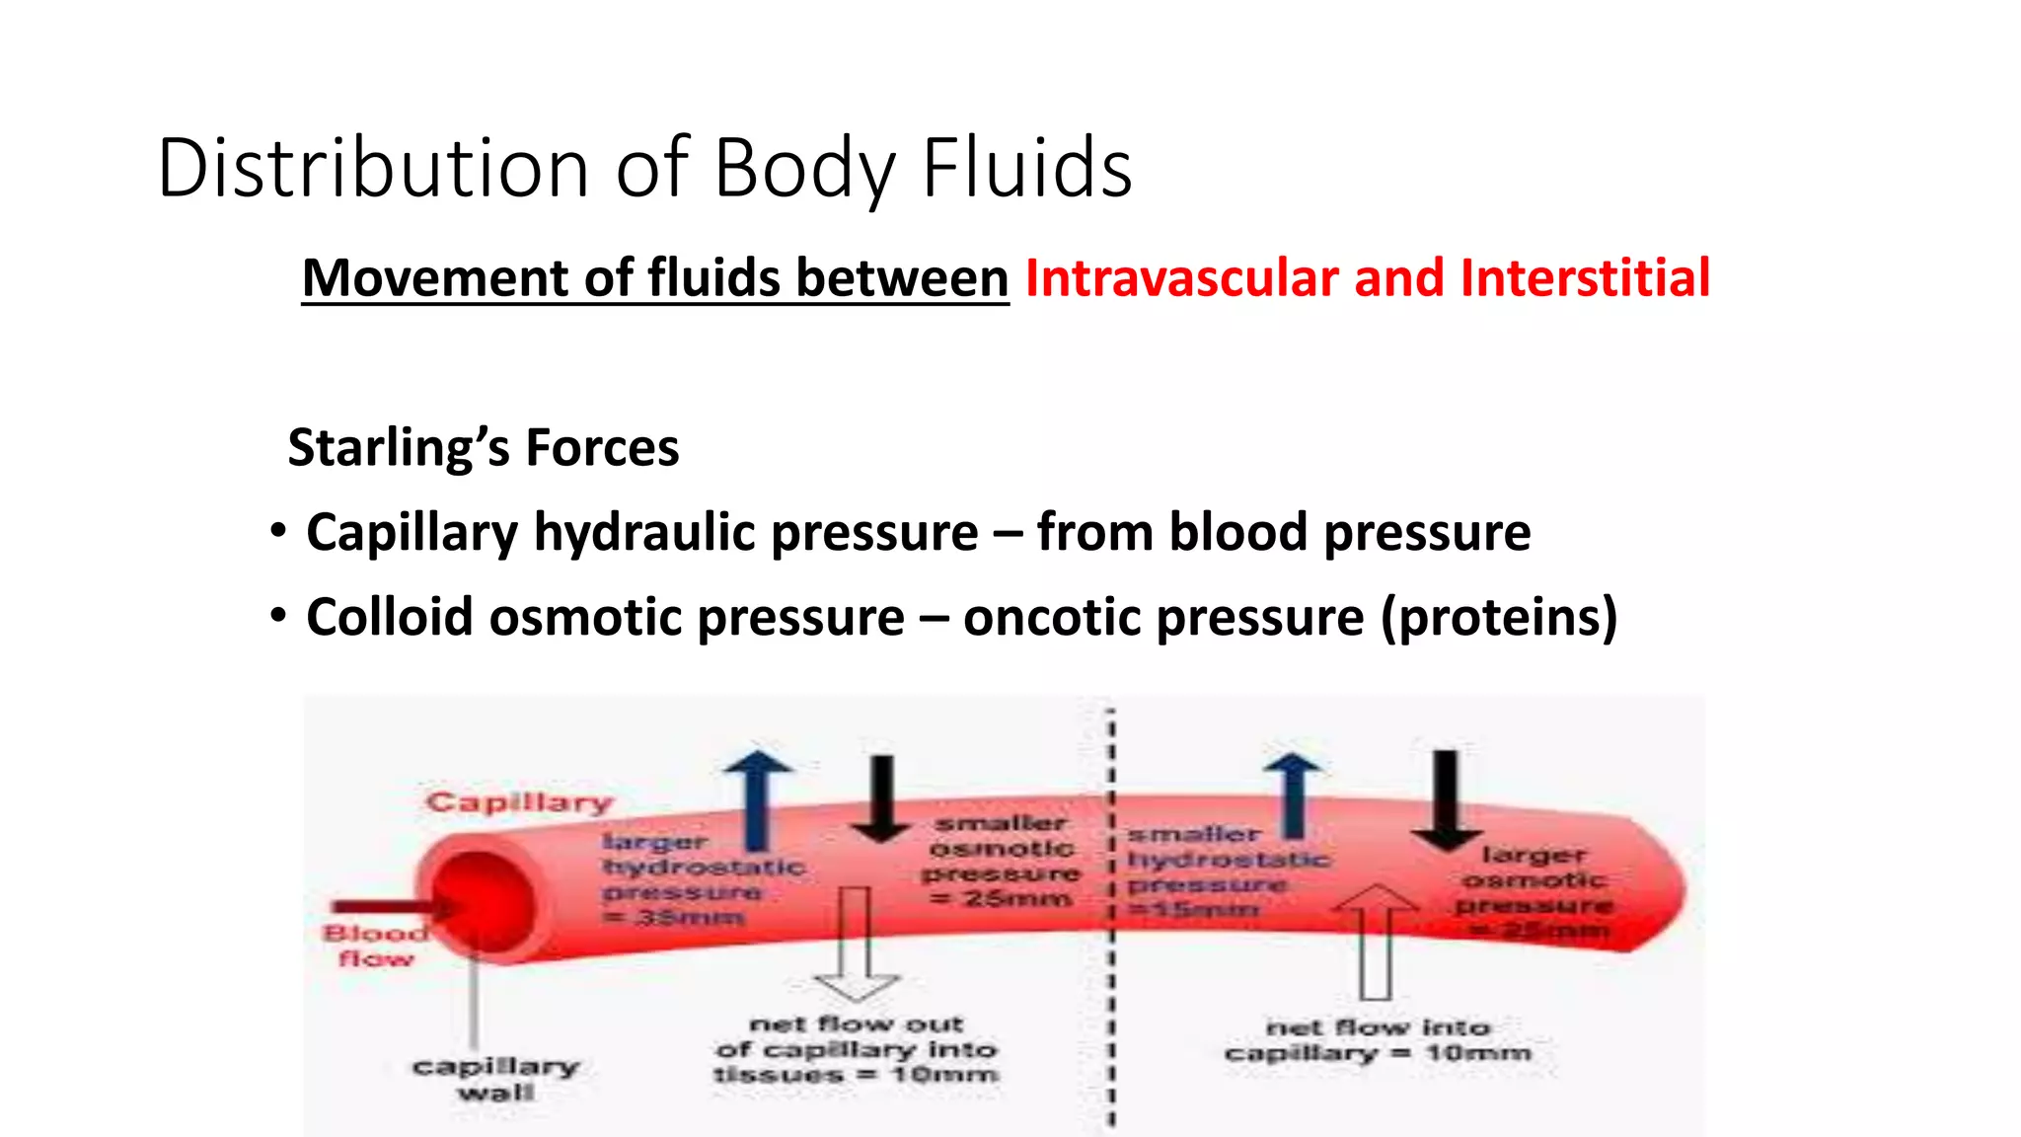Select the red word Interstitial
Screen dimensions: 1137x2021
[1585, 277]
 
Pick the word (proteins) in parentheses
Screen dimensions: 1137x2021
[1499, 618]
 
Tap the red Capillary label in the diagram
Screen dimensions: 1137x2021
[519, 802]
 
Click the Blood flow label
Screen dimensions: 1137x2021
[376, 946]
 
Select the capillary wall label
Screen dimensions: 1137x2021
[495, 1079]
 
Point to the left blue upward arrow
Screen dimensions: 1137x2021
[758, 800]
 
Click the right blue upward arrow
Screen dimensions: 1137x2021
[1293, 795]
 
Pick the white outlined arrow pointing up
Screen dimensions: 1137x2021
[1376, 942]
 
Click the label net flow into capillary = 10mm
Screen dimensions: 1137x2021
[1378, 1041]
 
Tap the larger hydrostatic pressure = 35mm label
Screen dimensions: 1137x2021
[702, 879]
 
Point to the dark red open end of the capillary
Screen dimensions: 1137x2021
[484, 903]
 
